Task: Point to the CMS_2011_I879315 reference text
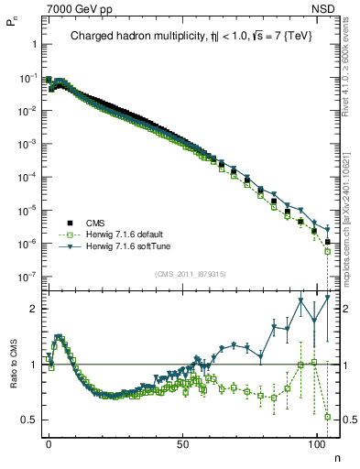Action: click(188, 274)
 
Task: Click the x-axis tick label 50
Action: click(182, 442)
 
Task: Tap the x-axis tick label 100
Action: click(316, 442)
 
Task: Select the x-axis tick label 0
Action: click(49, 442)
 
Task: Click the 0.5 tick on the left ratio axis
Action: click(29, 420)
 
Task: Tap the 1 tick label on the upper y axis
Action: click(33, 44)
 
